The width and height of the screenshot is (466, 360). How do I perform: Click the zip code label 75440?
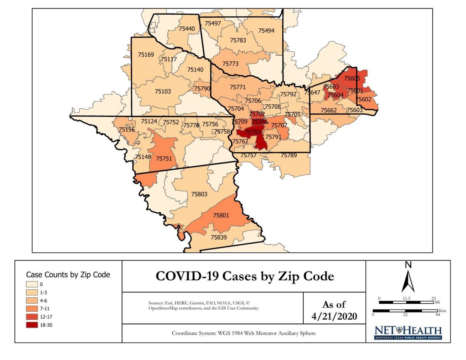[x=187, y=29]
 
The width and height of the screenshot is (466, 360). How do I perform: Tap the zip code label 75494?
[x=266, y=31]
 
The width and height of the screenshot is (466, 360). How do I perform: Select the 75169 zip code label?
[x=146, y=55]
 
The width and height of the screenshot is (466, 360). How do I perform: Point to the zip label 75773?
[x=230, y=63]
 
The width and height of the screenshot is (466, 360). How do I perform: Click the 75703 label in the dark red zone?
[x=253, y=132]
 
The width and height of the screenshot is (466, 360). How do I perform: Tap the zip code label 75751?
[x=164, y=158]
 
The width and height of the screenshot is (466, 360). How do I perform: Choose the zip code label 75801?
[x=221, y=215]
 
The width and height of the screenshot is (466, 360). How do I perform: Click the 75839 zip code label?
[x=219, y=237]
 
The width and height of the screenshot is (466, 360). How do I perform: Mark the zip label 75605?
[x=352, y=78]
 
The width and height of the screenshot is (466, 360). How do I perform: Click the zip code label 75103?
[x=163, y=91]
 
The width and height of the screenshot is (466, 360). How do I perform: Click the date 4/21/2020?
[x=334, y=317]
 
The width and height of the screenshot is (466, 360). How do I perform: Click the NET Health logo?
[x=408, y=333]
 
